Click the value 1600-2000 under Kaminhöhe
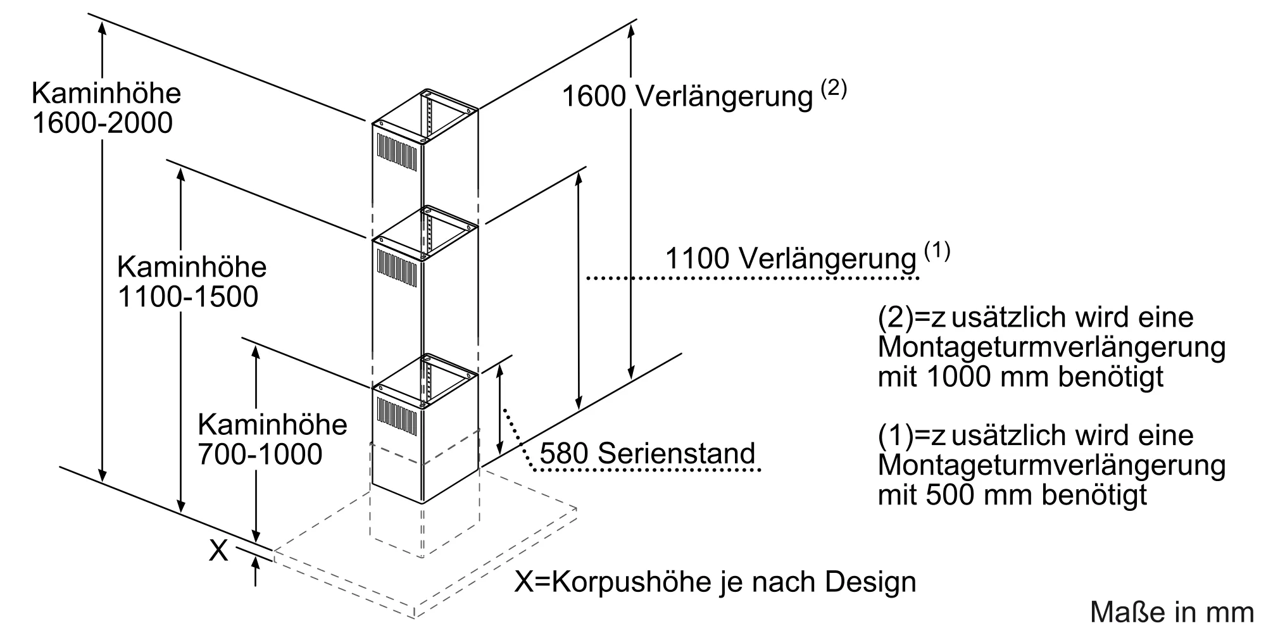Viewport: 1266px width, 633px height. tap(102, 123)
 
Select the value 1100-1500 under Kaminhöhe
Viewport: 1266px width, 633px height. tap(187, 297)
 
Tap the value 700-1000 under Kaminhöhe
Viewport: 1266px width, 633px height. tap(260, 454)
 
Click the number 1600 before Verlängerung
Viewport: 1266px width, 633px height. tap(594, 97)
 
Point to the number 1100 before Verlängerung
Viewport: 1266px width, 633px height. tap(697, 259)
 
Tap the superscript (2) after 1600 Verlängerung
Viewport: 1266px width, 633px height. tap(833, 89)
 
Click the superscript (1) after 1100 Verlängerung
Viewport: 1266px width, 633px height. tap(937, 252)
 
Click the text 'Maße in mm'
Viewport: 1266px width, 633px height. tap(1171, 612)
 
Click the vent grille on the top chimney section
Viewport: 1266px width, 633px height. tap(399, 152)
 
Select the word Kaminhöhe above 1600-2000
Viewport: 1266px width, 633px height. tap(106, 94)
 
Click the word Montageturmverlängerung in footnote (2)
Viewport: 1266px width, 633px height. tap(1051, 348)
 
